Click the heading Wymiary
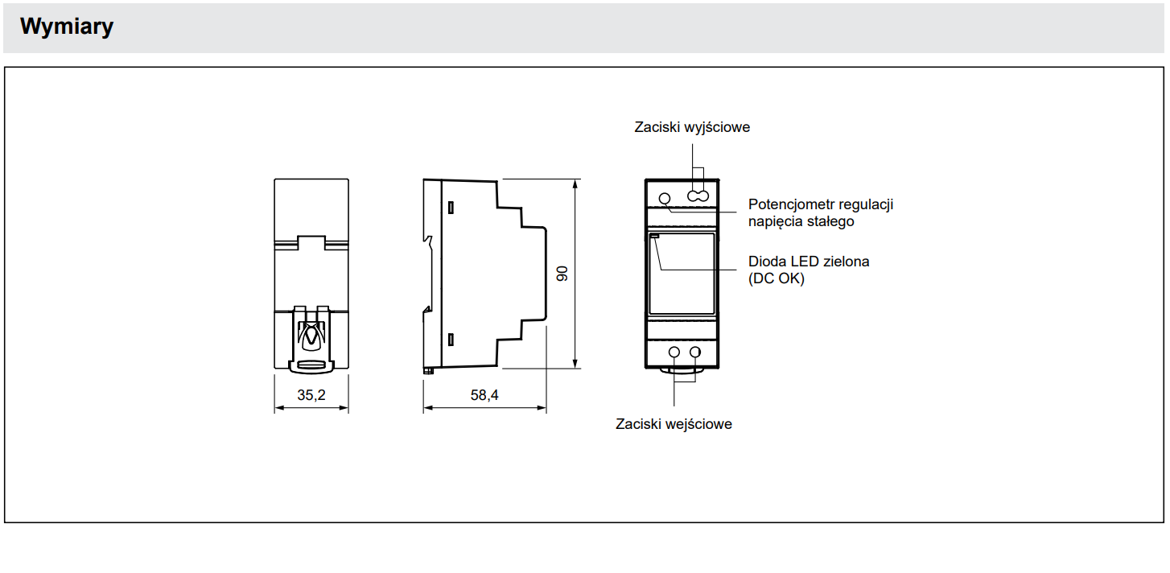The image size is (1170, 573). click(x=66, y=27)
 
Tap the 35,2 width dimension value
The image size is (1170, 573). click(x=311, y=395)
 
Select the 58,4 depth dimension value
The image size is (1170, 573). click(x=484, y=395)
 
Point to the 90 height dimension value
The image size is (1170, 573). click(x=562, y=274)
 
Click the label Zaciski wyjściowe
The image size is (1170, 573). click(x=692, y=127)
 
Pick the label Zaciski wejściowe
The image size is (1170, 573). click(x=674, y=423)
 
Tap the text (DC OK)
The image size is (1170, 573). click(x=777, y=278)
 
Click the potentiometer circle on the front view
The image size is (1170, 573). click(x=665, y=199)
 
